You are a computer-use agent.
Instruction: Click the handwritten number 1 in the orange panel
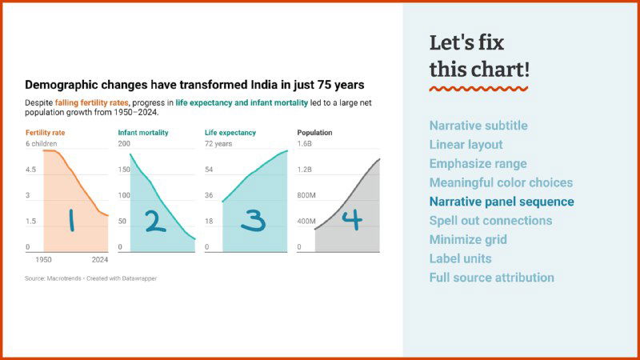coord(70,220)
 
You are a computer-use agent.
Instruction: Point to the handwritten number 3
coord(252,220)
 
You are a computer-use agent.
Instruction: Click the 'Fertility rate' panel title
coord(45,132)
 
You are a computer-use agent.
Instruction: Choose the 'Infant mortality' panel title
coord(143,132)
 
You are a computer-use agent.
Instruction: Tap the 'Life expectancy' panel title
coord(230,132)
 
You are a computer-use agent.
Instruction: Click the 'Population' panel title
coord(314,132)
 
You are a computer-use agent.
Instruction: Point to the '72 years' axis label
coord(218,144)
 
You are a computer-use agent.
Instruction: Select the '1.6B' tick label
coord(305,144)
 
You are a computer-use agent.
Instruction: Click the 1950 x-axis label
coord(43,259)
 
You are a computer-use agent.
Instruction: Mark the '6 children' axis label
coord(42,144)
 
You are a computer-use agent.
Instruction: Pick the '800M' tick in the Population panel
coord(307,195)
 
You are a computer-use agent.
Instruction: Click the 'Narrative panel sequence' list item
coord(502,202)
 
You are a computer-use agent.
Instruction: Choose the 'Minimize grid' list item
coord(468,239)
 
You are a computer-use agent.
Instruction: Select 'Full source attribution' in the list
coord(491,278)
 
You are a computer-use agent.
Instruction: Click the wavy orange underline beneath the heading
coord(478,88)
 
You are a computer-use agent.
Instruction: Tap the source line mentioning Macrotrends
coord(90,278)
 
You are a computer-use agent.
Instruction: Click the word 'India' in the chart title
coord(250,84)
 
